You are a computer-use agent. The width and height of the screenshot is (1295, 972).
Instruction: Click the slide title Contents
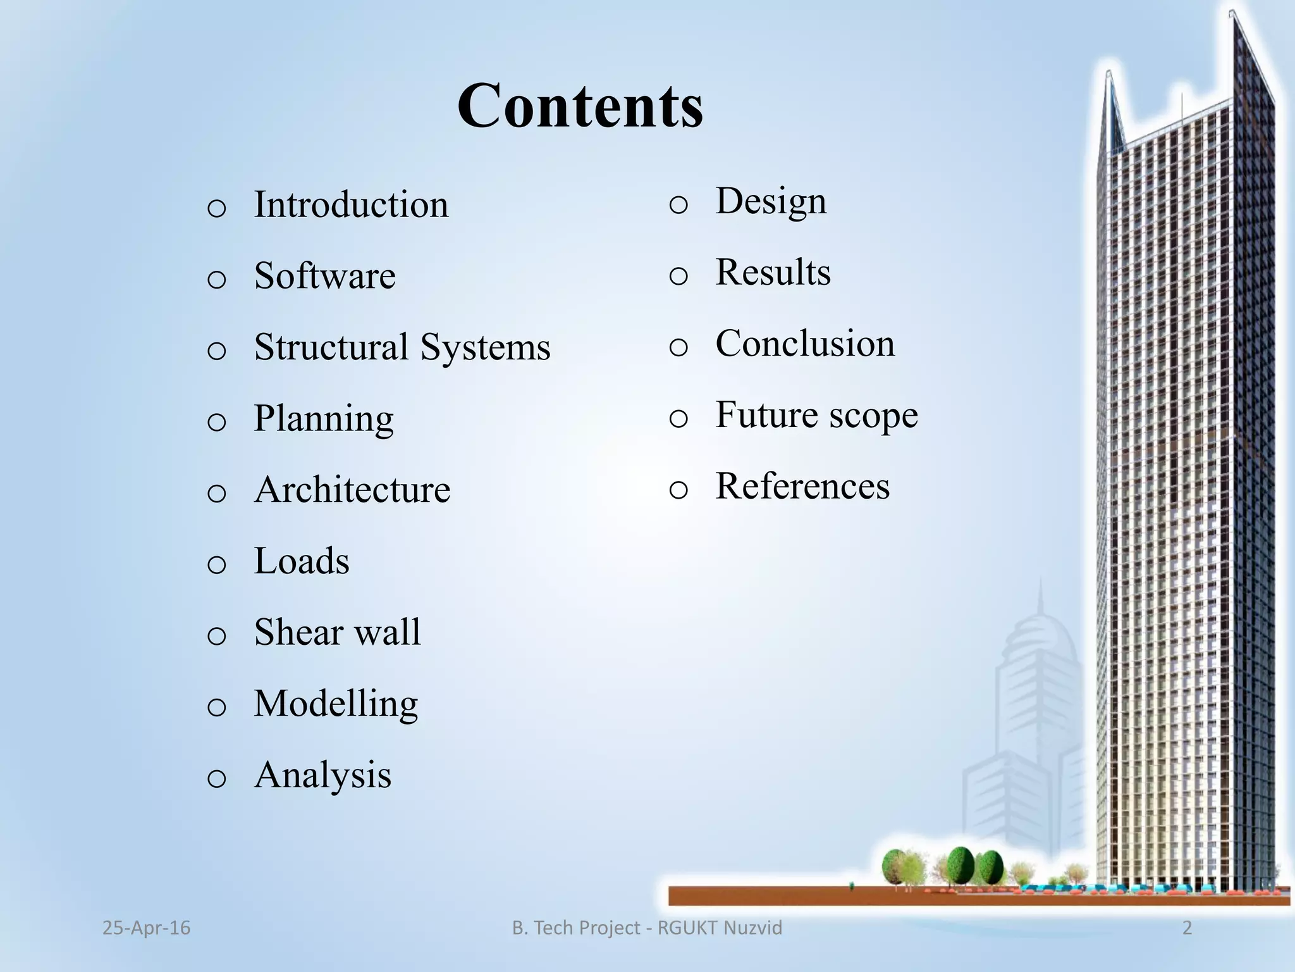pos(580,106)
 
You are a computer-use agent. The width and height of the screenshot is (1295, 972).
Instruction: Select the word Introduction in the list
pos(351,205)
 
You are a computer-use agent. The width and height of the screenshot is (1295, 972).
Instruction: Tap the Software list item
pos(324,276)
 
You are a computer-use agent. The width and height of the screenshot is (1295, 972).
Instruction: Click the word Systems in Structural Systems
pos(485,347)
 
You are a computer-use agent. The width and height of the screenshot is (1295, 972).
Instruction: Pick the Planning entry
pos(324,419)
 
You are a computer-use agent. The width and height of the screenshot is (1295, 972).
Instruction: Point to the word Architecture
pos(352,490)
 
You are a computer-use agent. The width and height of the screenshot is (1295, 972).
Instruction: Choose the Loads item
pos(302,561)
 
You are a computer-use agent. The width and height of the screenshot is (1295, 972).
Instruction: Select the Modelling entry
pos(336,704)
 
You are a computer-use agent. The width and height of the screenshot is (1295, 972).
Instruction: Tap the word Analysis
pos(322,775)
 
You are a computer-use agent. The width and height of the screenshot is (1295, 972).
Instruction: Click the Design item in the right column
pos(771,201)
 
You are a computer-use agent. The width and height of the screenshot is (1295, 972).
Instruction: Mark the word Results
pos(773,272)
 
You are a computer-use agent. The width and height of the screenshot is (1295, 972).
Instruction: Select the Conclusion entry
pos(805,344)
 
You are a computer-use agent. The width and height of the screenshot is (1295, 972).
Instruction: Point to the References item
pos(802,486)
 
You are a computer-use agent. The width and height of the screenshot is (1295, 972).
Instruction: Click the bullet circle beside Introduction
pos(216,208)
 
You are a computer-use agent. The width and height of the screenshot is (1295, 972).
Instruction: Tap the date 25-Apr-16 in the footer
pos(146,928)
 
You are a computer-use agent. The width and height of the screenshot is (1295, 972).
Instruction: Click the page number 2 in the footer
pos(1187,928)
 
